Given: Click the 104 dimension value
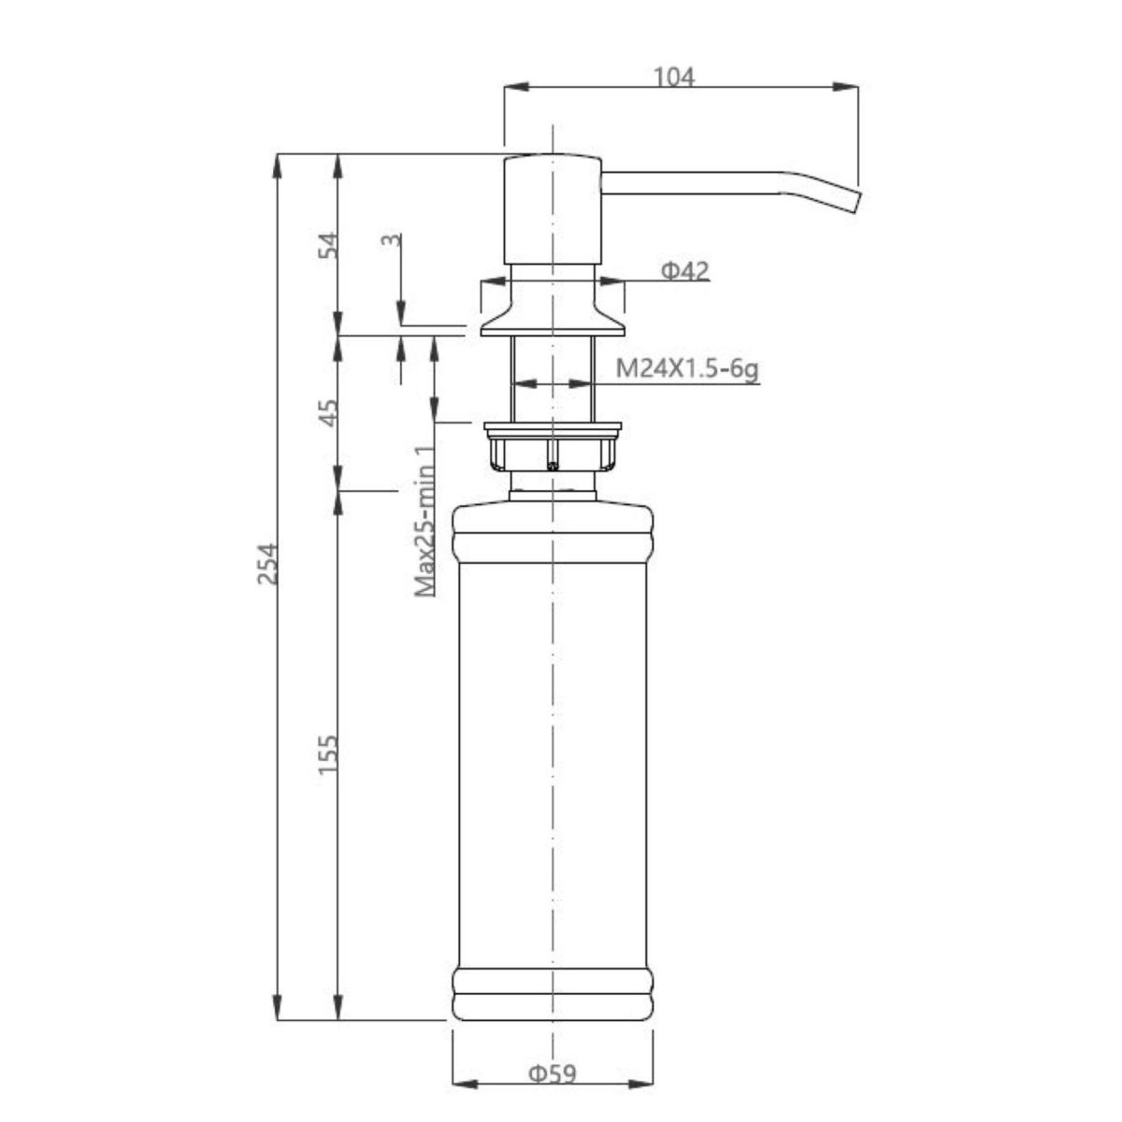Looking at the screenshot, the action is coord(673,78).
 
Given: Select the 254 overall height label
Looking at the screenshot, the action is coord(268,563).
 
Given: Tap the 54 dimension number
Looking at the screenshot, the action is coord(329,245).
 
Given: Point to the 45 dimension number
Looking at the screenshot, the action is coord(329,412).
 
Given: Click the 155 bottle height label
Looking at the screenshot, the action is coord(329,755).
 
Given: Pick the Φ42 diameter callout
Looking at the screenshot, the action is coord(685,271).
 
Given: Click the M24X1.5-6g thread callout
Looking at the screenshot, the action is coord(687,369).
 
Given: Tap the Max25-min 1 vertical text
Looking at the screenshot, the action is coord(425,521).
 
